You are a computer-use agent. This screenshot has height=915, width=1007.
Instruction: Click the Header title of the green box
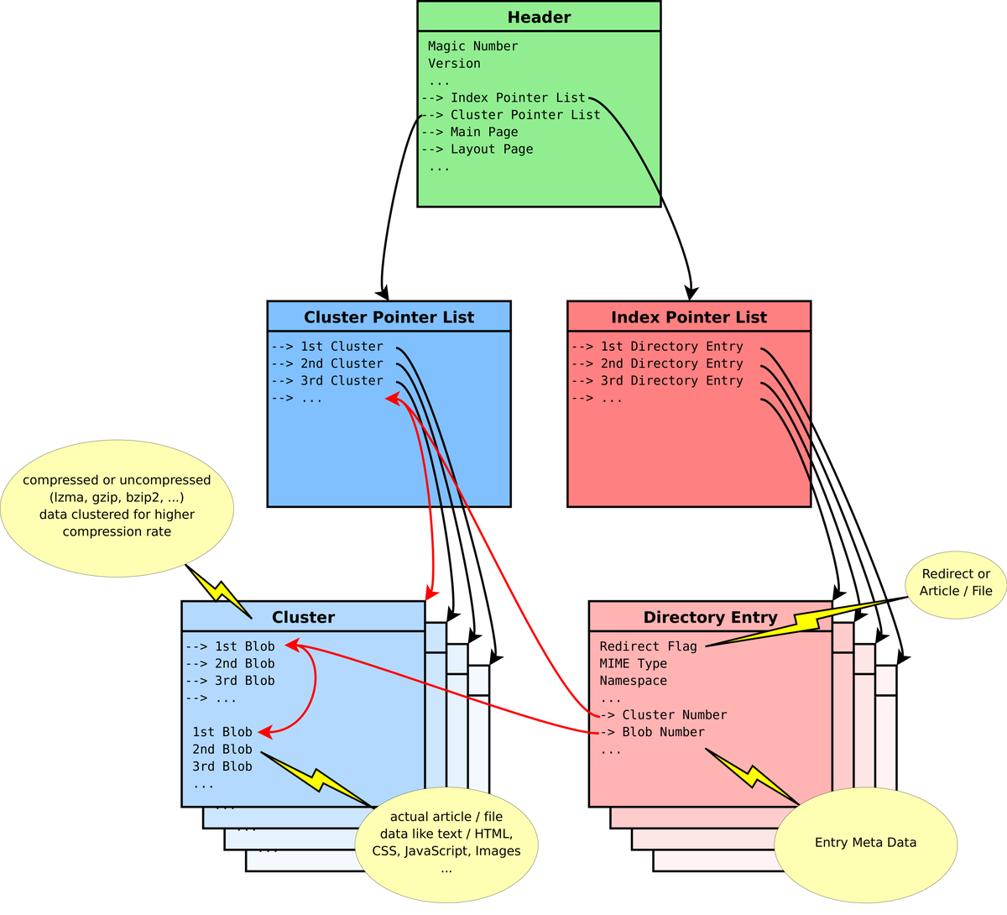[x=539, y=18]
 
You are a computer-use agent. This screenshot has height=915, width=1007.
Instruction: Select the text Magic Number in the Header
[x=472, y=46]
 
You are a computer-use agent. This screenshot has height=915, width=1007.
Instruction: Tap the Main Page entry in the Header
[x=483, y=132]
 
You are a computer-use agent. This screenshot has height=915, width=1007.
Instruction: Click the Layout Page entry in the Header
[x=491, y=149]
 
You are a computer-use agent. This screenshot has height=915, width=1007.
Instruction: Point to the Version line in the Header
[x=454, y=64]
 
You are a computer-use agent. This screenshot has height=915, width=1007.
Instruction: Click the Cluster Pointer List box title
[x=389, y=317]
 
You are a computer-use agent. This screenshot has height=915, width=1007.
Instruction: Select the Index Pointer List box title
[x=688, y=317]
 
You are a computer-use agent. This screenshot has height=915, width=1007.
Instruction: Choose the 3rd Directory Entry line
[x=670, y=381]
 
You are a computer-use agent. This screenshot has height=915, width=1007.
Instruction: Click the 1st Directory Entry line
[x=670, y=347]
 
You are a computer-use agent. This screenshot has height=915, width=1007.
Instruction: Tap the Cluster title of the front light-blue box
[x=303, y=617]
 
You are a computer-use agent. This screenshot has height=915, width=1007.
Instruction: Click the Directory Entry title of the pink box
[x=710, y=617]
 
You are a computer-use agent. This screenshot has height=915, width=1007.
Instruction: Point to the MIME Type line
[x=633, y=663]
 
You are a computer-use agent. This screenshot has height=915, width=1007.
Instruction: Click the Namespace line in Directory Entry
[x=633, y=681]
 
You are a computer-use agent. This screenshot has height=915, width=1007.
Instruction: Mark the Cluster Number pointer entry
[x=673, y=715]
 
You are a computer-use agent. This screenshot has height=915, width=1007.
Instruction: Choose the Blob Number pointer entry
[x=662, y=732]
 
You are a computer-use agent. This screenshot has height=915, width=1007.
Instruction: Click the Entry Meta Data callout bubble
[x=865, y=843]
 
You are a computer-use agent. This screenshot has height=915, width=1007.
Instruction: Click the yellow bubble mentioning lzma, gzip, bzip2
[x=117, y=506]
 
